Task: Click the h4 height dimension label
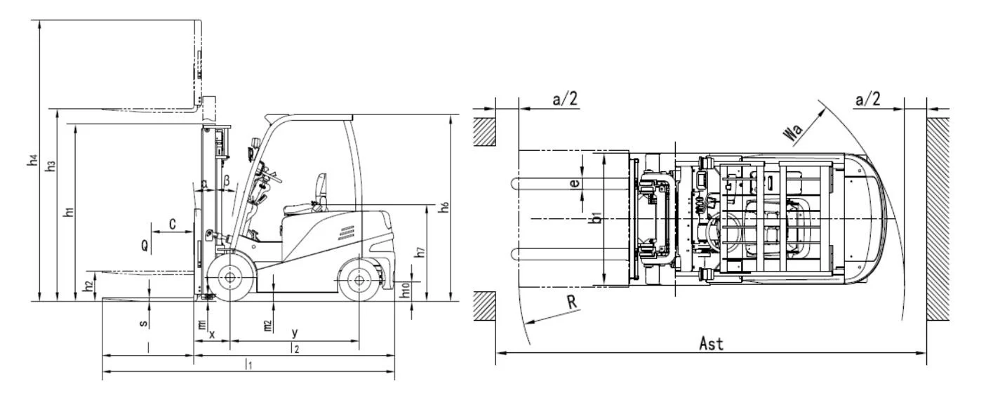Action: tap(32, 159)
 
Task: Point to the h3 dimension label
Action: tap(51, 166)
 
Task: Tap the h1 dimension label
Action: tap(69, 212)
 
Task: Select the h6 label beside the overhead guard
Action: tap(444, 207)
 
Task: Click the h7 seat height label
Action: tap(420, 252)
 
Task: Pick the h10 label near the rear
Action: tap(405, 291)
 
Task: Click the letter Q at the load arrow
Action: tap(145, 245)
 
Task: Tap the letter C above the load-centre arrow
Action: tap(173, 224)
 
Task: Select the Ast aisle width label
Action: tap(711, 343)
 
